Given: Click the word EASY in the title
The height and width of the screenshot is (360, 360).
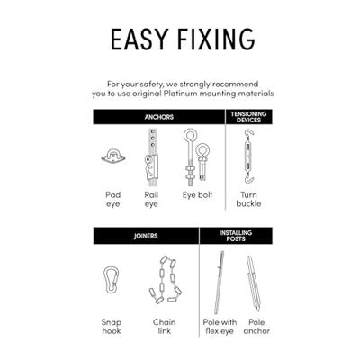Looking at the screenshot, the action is point(139,40).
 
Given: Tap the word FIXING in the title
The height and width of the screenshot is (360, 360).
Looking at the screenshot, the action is point(216,40).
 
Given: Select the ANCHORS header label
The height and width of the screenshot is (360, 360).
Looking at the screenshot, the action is point(159,117).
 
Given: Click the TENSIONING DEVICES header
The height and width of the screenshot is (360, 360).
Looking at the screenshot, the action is point(248,117).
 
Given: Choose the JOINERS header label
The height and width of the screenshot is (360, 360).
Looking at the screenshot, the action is point(146,236).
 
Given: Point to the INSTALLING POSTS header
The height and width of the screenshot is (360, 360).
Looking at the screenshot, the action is point(236,236).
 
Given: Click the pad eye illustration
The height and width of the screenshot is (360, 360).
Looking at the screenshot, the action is point(113,157).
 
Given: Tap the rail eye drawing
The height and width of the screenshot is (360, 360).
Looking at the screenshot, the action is point(151,157).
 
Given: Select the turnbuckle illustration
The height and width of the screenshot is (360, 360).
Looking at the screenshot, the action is point(249,157).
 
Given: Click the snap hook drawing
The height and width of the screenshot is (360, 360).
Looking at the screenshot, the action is point(111,280).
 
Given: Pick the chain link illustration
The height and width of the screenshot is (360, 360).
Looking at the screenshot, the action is point(166,279).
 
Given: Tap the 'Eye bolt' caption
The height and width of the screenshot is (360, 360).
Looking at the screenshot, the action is point(197,195).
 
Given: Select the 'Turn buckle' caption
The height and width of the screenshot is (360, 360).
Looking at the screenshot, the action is point(248,199).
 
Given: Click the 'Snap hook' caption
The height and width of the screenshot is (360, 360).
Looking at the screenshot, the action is point(112,327).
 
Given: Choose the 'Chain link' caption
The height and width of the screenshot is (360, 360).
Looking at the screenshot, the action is point(165,327).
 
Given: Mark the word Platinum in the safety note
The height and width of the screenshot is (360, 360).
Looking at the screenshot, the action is point(181,94).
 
